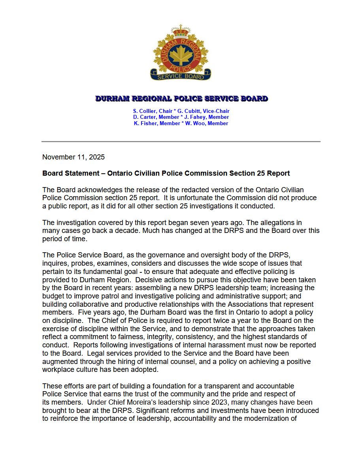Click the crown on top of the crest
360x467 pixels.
(x=181, y=31)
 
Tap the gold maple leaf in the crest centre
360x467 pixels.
(x=181, y=55)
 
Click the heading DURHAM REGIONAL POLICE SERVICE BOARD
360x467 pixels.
(x=181, y=99)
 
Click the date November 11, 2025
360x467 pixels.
(x=74, y=157)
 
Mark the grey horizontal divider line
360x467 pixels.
(x=181, y=141)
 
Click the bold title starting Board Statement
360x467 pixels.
(x=166, y=173)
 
